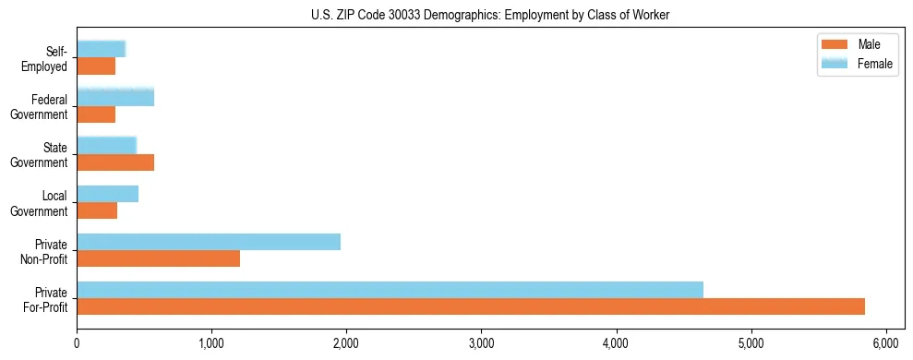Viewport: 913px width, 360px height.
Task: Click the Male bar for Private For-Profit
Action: tap(471, 306)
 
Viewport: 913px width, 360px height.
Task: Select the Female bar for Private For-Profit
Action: tap(390, 290)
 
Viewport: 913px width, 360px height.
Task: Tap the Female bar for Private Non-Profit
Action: tap(209, 242)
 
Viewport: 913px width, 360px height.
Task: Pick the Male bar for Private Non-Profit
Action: tap(158, 258)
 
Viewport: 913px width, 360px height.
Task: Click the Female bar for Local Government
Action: tap(107, 194)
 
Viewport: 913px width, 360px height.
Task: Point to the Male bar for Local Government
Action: tap(97, 210)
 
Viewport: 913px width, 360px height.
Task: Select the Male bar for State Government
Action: tap(115, 162)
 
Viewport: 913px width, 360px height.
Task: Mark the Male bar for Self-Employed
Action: tap(96, 66)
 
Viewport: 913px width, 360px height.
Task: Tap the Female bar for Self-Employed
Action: tap(101, 50)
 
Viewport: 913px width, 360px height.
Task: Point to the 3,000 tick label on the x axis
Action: tap(481, 343)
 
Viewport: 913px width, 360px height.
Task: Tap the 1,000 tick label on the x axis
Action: tap(211, 343)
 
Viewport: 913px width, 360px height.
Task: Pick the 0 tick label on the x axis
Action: tap(77, 343)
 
